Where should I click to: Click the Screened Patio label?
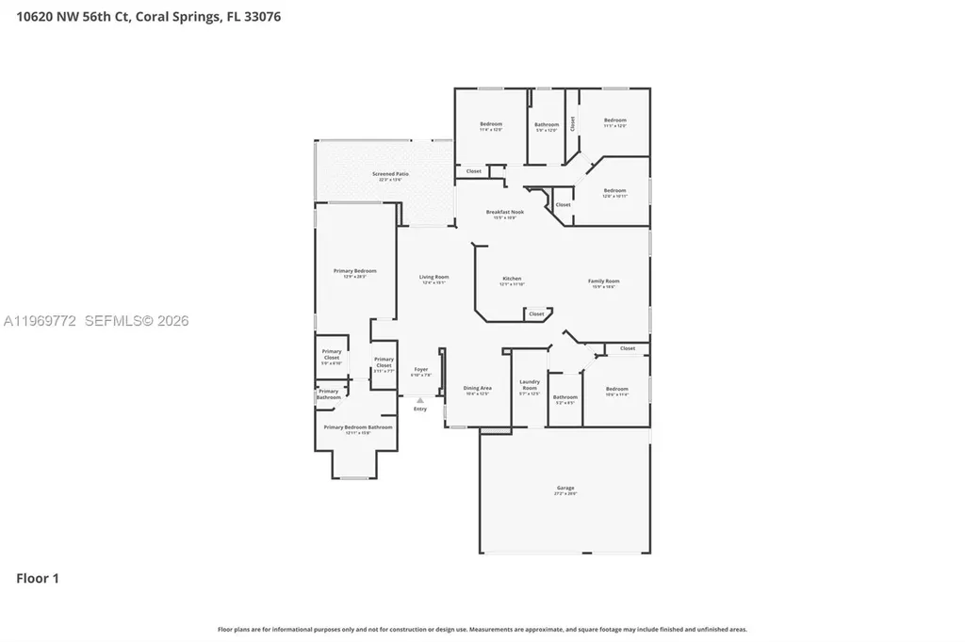tap(390, 174)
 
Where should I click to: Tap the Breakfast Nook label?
tap(505, 212)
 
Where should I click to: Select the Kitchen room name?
tap(512, 279)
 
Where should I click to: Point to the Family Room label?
tap(604, 281)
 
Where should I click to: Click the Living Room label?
tap(434, 277)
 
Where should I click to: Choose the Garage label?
tap(565, 488)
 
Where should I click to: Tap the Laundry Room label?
tap(530, 384)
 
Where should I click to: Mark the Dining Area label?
tap(478, 388)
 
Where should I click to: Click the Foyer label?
tap(421, 369)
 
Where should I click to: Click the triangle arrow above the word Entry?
tap(420, 400)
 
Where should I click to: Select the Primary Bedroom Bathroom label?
tap(358, 427)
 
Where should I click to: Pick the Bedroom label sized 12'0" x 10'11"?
tap(614, 190)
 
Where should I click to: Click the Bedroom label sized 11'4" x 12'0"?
tap(491, 124)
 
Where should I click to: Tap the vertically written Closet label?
tap(572, 123)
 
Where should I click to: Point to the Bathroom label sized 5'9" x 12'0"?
tap(547, 124)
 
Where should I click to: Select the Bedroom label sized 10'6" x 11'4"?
tap(616, 389)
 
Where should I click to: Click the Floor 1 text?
tap(38, 578)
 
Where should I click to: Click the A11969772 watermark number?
tap(41, 321)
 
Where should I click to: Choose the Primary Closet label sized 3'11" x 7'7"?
tap(384, 362)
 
